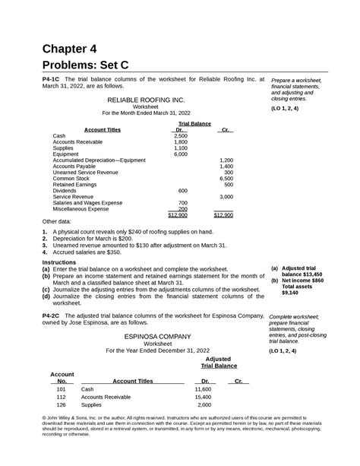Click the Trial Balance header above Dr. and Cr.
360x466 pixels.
(194, 122)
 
